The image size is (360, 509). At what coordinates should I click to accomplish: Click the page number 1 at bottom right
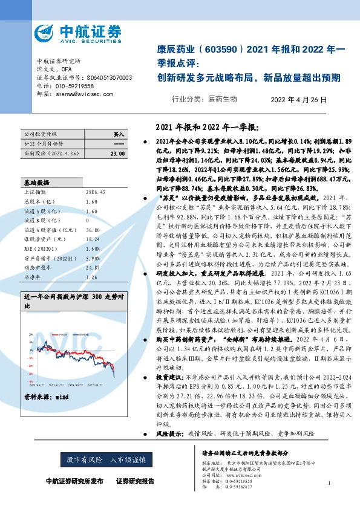[329, 482]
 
